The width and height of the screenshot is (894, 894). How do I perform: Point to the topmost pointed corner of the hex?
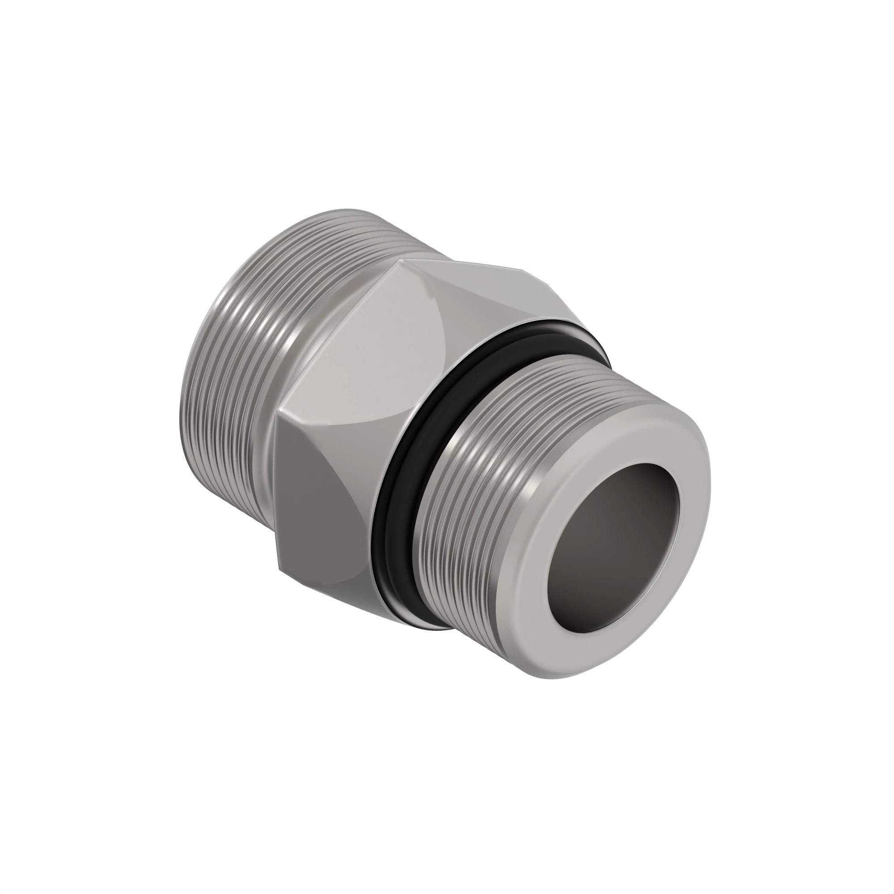399,260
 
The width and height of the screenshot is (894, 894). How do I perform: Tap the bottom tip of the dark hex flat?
279,567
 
